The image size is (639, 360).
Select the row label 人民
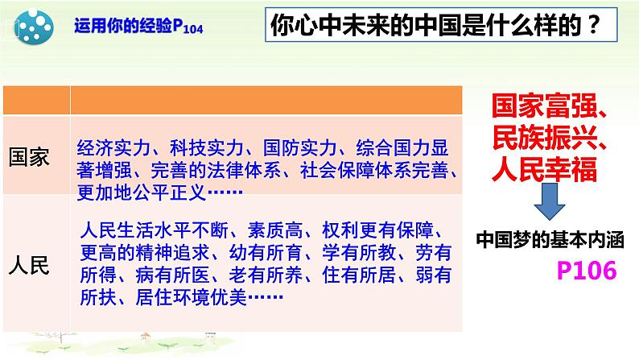(x=30, y=264)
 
